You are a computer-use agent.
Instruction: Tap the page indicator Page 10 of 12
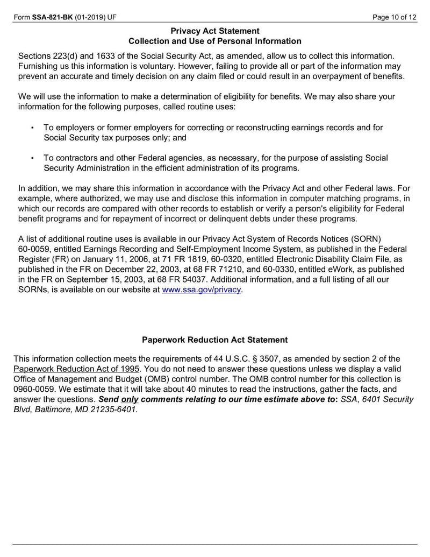pos(395,17)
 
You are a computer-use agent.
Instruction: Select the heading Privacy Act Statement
pos(214,31)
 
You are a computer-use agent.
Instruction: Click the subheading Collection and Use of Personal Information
pos(214,41)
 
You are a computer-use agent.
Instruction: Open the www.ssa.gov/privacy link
pos(202,290)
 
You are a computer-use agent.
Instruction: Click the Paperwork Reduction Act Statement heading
pos(214,340)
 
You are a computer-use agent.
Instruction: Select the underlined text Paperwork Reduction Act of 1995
pos(76,369)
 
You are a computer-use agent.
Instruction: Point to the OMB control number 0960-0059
pos(35,389)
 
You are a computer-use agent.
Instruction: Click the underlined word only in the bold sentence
pos(130,399)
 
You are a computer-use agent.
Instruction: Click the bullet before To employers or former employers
pos(32,128)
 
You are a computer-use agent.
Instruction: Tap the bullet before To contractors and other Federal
pos(32,158)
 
